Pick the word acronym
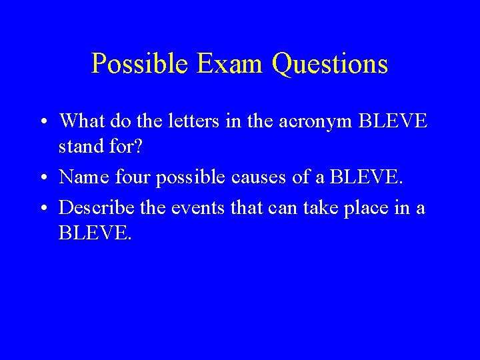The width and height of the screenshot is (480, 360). click(312, 122)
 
